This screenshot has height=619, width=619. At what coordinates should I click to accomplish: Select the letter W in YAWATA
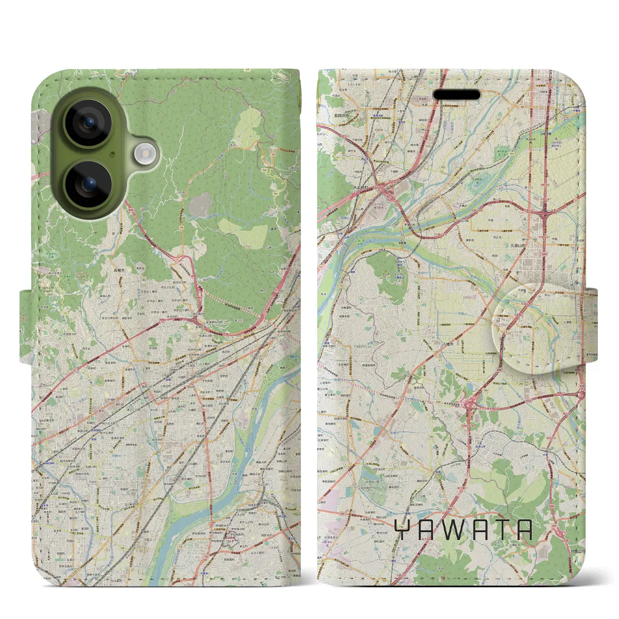coord(452,530)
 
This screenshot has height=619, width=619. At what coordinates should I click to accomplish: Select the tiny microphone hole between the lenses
coord(113,154)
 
